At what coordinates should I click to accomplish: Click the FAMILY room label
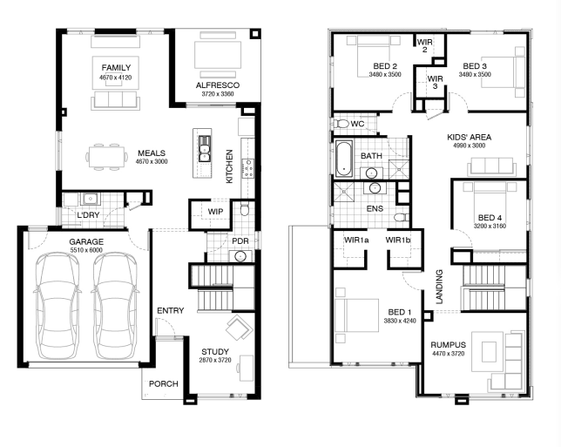(116, 68)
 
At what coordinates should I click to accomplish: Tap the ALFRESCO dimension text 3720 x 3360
(218, 94)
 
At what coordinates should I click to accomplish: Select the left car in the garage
(57, 306)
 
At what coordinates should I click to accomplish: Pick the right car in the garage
(115, 306)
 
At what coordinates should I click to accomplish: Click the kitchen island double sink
(205, 148)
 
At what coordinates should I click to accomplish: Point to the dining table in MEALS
(106, 157)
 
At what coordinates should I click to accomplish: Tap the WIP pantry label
(215, 212)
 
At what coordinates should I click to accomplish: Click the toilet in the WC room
(341, 124)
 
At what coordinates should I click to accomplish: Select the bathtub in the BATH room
(344, 159)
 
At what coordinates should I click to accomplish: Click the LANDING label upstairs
(439, 287)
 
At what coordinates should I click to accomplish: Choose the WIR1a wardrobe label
(356, 240)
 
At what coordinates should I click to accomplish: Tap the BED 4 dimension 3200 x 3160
(490, 227)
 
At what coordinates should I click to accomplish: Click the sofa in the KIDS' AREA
(491, 166)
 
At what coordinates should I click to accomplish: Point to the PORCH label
(164, 384)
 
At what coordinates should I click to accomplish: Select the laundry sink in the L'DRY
(90, 199)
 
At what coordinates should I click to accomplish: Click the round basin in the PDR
(240, 256)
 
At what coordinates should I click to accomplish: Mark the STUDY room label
(215, 352)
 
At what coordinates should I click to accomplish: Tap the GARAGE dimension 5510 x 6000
(86, 250)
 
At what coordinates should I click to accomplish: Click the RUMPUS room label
(449, 345)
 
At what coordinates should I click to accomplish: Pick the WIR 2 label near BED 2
(425, 45)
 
